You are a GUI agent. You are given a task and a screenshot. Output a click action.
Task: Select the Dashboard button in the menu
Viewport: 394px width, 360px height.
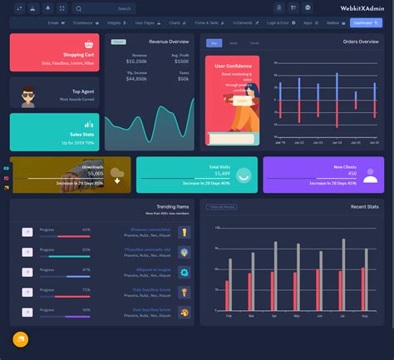[x=363, y=24]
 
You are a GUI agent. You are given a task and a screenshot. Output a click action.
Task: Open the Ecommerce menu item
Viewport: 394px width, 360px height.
[x=83, y=24]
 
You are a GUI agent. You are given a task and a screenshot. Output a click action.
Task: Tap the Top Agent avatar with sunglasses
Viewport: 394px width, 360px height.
[x=27, y=96]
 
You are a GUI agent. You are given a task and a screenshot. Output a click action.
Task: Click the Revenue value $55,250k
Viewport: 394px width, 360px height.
[x=137, y=62]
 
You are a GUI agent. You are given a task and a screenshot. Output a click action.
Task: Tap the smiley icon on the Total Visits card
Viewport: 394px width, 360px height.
[x=244, y=175]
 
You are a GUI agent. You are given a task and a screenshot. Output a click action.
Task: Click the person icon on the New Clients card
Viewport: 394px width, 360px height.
[x=370, y=175]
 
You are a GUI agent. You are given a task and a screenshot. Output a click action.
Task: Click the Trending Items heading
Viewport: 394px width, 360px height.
[x=172, y=206]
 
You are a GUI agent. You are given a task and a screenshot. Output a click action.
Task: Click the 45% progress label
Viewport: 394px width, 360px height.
[x=86, y=229]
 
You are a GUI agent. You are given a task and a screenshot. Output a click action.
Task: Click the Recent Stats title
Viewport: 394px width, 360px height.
[x=364, y=206]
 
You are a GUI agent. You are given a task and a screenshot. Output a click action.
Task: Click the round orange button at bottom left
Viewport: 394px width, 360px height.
[x=21, y=339]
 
